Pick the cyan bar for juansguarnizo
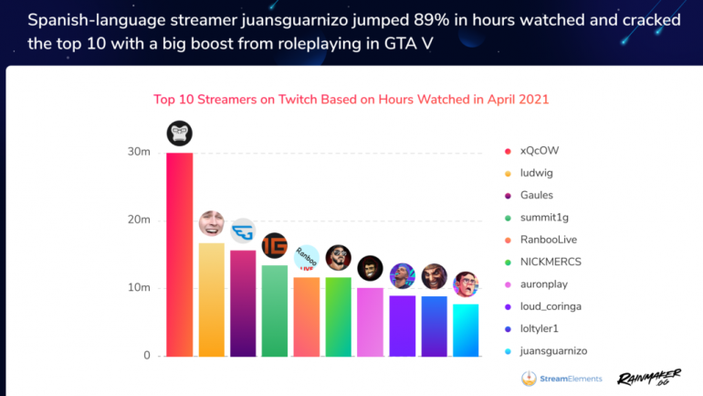(466, 329)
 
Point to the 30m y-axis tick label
(139, 152)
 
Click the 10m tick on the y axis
(139, 288)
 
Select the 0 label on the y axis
(146, 356)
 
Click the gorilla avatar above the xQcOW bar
(180, 134)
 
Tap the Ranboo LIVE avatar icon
(307, 257)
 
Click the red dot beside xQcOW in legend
(507, 151)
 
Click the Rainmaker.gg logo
(649, 377)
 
